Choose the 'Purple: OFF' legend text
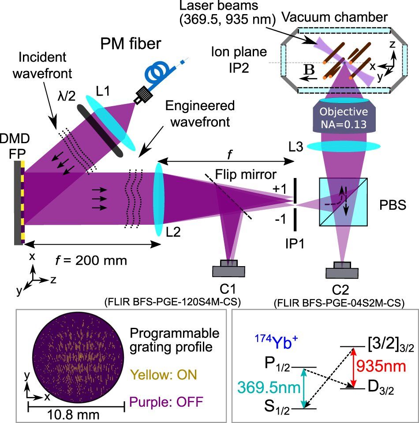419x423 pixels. point(168,401)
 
